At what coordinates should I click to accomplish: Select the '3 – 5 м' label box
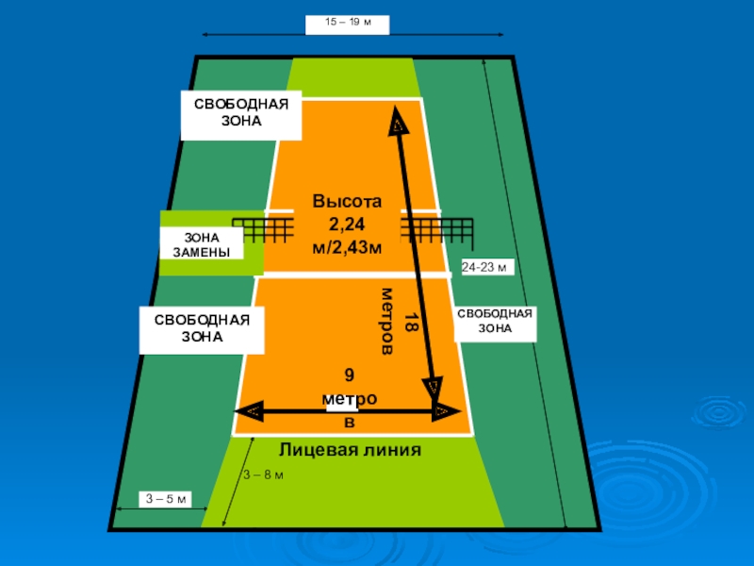pos(164,498)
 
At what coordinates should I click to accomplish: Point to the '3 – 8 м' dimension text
pos(263,474)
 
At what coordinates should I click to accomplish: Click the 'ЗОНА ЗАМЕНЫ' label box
pos(201,243)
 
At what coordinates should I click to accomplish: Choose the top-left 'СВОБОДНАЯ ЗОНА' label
pos(240,115)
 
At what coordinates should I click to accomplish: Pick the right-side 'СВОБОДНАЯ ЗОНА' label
pos(495,322)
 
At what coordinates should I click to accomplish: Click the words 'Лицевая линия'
pos(350,449)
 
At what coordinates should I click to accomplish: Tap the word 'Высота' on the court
pos(348,202)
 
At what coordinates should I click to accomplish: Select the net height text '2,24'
pos(347,225)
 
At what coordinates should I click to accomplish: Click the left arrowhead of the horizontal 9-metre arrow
pos(247,410)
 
